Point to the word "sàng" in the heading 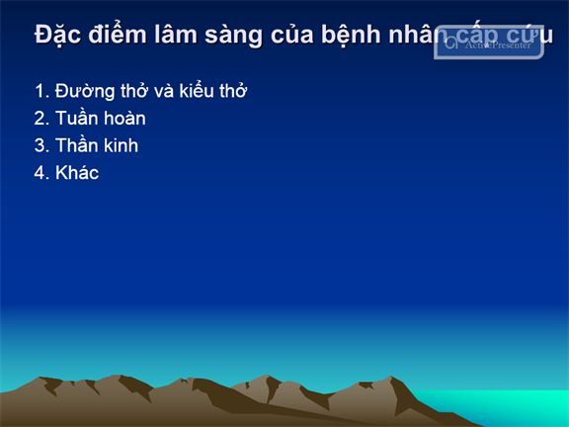pyautogui.click(x=233, y=36)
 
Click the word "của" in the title pyautogui.click(x=291, y=35)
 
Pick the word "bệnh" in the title pyautogui.click(x=351, y=35)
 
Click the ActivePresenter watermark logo pyautogui.click(x=489, y=43)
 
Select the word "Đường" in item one pyautogui.click(x=85, y=91)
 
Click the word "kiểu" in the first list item pyautogui.click(x=197, y=91)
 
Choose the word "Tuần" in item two pyautogui.click(x=75, y=118)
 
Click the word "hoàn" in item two pyautogui.click(x=122, y=119)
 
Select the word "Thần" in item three pyautogui.click(x=77, y=145)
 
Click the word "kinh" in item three pyautogui.click(x=121, y=145)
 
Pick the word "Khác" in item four pyautogui.click(x=77, y=172)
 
